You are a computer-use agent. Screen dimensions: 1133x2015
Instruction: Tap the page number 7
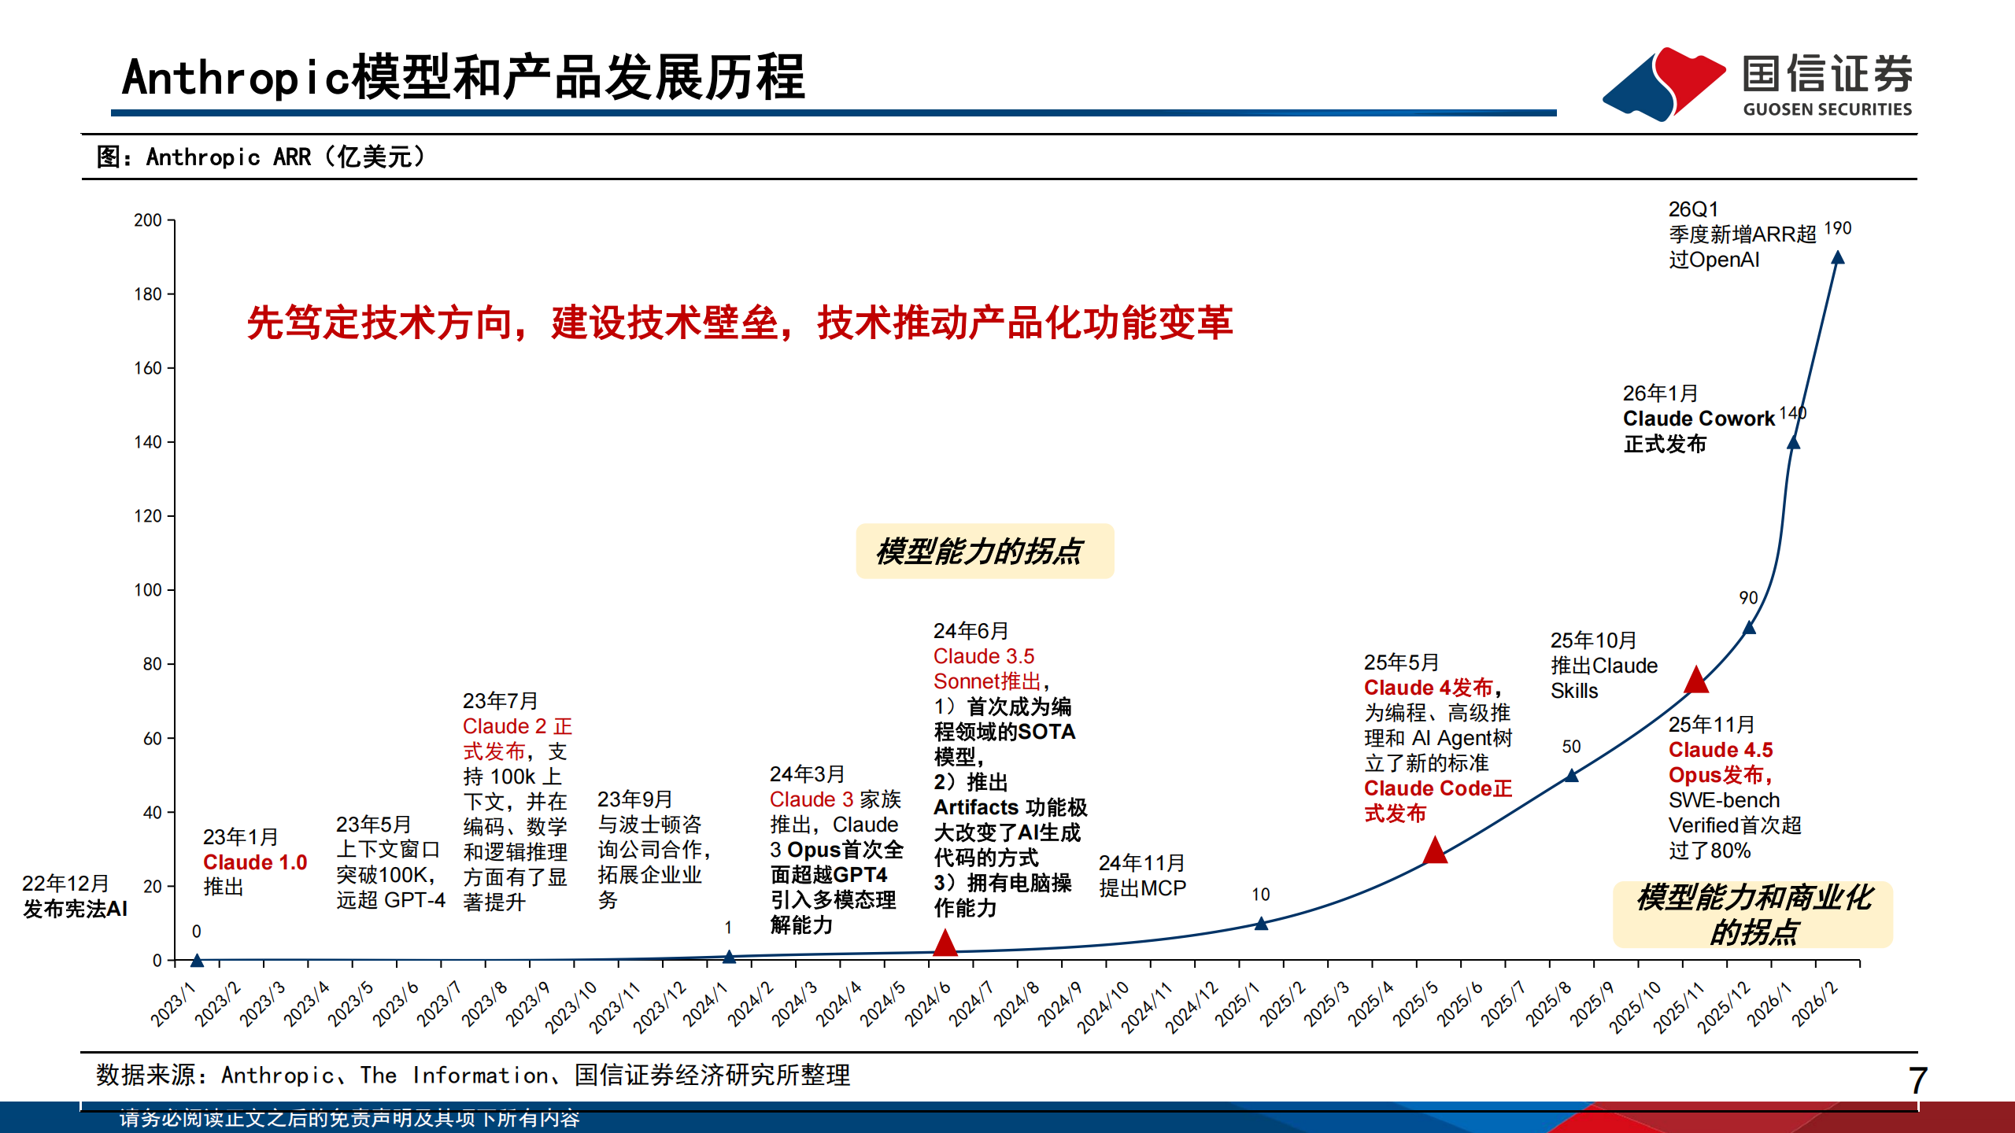[x=1917, y=1080]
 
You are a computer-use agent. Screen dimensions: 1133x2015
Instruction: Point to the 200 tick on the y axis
[x=148, y=220]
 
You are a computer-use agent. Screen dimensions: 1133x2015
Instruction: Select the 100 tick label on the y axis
[x=148, y=590]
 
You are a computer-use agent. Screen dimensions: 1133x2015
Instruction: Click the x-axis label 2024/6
[x=929, y=1004]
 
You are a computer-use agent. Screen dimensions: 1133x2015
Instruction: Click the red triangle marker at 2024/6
[x=945, y=943]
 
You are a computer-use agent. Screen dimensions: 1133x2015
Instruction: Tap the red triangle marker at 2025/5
[x=1435, y=851]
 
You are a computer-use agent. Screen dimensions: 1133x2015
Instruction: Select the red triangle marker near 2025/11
[x=1696, y=680]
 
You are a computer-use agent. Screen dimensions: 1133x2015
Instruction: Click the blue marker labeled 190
[x=1838, y=258]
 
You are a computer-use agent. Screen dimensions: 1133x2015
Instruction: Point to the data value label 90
[x=1748, y=598]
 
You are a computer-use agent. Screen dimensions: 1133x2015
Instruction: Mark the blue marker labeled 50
[x=1571, y=776]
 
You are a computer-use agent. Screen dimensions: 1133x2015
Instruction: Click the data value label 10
[x=1261, y=895]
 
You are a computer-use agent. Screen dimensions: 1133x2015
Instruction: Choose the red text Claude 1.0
[x=255, y=862]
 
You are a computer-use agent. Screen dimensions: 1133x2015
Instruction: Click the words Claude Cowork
[x=1699, y=419]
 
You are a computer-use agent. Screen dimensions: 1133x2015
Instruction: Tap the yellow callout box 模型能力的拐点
[x=984, y=552]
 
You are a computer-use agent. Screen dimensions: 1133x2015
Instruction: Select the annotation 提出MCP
[x=1142, y=888]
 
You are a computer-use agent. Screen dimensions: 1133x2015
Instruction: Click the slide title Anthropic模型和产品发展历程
[x=463, y=78]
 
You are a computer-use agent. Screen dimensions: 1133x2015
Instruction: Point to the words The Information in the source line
[x=454, y=1076]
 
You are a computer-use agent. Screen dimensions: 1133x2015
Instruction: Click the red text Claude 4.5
[x=1721, y=750]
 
